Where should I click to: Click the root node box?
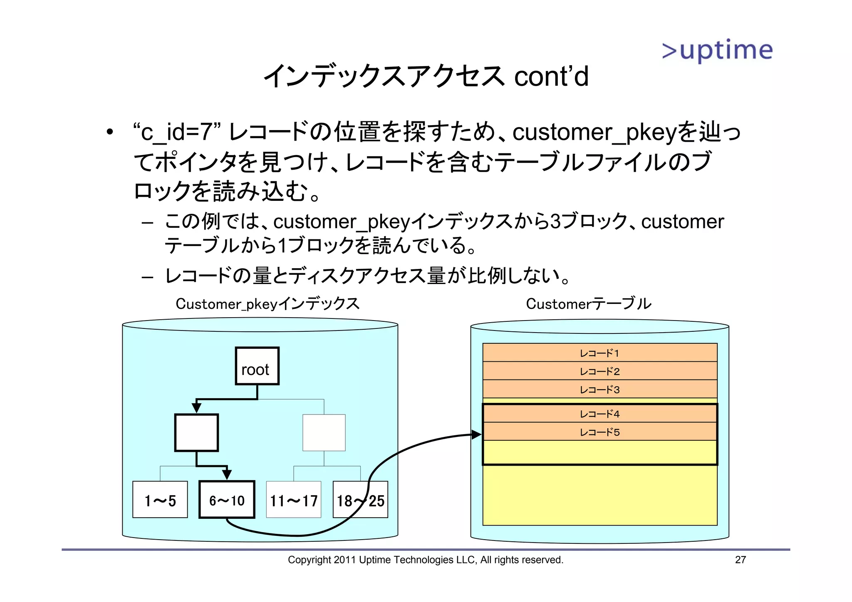point(257,366)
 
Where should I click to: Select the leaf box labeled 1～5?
point(160,500)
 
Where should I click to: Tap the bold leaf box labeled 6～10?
point(227,500)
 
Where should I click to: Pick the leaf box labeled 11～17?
point(294,500)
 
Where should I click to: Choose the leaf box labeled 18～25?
point(360,500)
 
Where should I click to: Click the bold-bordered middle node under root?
point(196,432)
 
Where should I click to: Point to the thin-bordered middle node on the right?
point(324,432)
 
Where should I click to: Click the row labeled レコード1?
point(599,353)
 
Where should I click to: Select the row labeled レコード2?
point(599,371)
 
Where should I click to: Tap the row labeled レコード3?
point(599,390)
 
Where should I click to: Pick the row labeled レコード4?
point(599,414)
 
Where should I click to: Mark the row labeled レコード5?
point(599,432)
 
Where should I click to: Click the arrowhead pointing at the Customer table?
point(477,435)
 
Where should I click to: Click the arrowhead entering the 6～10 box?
point(227,474)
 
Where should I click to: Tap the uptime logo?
point(717,51)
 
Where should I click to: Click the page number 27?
point(740,560)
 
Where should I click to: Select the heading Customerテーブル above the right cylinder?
point(588,303)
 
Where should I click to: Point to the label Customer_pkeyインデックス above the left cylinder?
point(267,303)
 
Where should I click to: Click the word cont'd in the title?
point(551,76)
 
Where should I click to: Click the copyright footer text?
point(425,560)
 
